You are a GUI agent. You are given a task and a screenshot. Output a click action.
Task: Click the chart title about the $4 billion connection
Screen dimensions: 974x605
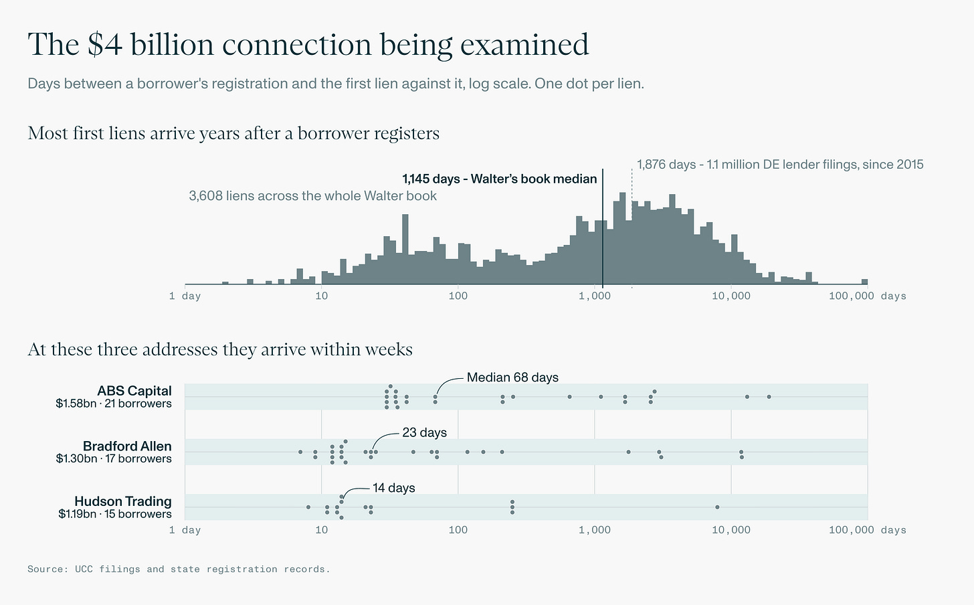(308, 44)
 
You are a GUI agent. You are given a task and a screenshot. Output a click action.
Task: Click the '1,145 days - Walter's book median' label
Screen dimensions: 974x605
(499, 179)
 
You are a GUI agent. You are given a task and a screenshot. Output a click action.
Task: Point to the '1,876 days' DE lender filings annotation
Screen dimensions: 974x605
(780, 165)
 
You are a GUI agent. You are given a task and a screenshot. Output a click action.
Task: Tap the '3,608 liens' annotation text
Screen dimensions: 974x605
(312, 195)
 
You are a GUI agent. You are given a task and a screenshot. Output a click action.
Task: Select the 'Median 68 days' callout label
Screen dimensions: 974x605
(512, 377)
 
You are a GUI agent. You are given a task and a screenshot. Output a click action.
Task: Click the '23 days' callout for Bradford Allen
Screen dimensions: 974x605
(424, 432)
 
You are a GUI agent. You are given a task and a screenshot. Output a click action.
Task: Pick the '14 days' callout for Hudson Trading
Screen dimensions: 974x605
(393, 488)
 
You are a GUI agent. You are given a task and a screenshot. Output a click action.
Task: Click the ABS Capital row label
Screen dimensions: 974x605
(134, 391)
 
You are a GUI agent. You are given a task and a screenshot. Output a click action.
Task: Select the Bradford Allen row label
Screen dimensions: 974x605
(127, 446)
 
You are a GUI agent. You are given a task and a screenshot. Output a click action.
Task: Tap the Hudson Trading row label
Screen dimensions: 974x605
(123, 501)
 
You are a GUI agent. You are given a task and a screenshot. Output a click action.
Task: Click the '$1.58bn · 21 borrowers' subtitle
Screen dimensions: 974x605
(114, 404)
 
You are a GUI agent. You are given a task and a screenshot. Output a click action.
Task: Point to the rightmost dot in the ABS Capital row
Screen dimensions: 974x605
(769, 397)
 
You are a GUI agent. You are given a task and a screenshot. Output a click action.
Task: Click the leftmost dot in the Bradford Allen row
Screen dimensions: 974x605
(300, 452)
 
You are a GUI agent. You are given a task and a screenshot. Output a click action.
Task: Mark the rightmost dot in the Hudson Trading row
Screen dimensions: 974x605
(717, 507)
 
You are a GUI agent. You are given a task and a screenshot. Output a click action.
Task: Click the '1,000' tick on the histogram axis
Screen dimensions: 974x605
(595, 296)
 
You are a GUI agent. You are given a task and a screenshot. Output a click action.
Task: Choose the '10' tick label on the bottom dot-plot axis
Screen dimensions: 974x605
(321, 530)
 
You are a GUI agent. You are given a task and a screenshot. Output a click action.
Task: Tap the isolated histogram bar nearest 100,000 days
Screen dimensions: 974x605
(864, 282)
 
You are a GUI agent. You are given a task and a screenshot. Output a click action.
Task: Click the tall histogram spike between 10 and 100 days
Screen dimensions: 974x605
(405, 249)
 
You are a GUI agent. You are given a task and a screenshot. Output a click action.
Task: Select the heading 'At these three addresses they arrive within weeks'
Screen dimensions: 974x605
(220, 349)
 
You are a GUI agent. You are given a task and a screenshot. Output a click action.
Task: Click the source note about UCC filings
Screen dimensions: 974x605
(179, 569)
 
